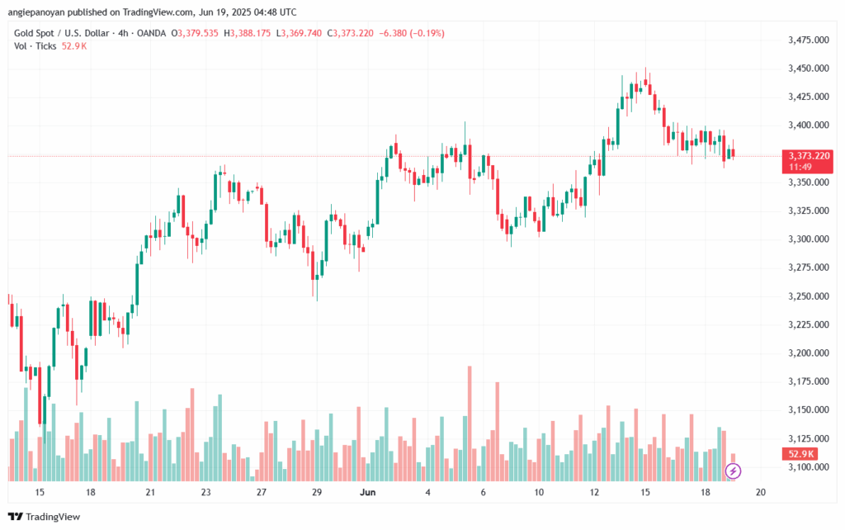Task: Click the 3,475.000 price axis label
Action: [809, 40]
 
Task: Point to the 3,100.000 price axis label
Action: [809, 467]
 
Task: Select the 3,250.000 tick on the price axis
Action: [809, 296]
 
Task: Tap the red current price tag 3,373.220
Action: [809, 155]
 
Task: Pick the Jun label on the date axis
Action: [369, 492]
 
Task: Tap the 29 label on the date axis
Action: [316, 492]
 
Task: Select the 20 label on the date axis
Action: [761, 492]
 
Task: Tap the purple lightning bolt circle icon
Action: [733, 471]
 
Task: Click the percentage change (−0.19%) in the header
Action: [426, 33]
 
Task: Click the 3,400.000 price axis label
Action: [809, 125]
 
